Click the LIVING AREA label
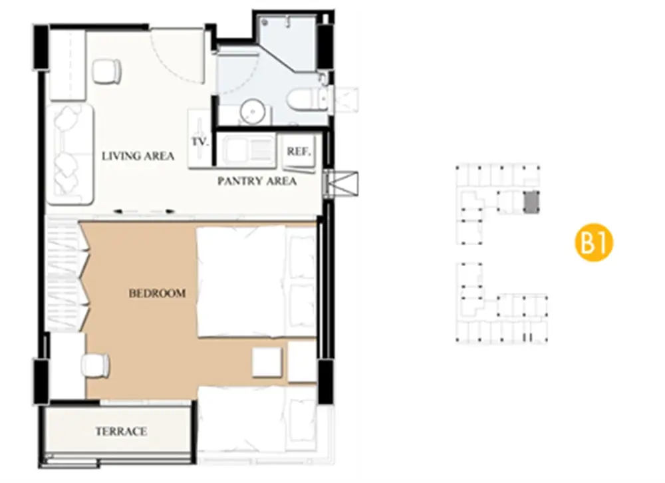(138, 156)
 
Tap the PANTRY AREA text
(257, 181)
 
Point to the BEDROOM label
(158, 293)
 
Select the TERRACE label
(121, 432)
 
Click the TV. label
(199, 142)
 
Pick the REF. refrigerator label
(299, 152)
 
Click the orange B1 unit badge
(594, 243)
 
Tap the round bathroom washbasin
(253, 111)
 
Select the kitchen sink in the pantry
(247, 150)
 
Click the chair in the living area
(107, 71)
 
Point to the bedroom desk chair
(96, 365)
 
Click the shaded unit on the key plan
(531, 202)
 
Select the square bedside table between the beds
(267, 362)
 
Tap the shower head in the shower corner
(265, 22)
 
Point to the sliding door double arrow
(144, 211)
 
